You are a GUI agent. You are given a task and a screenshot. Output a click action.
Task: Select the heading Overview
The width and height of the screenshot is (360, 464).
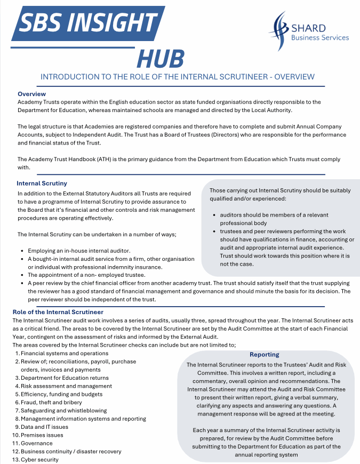click(x=32, y=94)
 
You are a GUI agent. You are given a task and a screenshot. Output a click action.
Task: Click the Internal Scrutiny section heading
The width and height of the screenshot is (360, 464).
click(x=42, y=183)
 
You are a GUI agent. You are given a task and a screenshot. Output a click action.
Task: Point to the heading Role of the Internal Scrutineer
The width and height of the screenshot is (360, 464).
click(x=58, y=311)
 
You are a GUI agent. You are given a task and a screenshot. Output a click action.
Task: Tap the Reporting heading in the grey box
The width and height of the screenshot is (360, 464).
click(x=264, y=354)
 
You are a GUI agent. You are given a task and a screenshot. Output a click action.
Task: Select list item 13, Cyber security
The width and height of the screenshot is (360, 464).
click(x=39, y=459)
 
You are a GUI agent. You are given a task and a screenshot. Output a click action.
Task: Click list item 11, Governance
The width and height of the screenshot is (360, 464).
click(x=36, y=443)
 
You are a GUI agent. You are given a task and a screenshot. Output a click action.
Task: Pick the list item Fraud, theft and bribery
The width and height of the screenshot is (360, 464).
click(x=51, y=402)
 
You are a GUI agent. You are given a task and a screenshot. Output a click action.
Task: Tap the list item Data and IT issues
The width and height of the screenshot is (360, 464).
click(x=44, y=427)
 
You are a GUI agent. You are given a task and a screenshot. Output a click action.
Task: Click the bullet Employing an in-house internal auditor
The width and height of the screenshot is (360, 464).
click(x=79, y=250)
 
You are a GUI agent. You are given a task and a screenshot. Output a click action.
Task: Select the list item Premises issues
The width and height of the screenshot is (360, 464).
click(x=42, y=435)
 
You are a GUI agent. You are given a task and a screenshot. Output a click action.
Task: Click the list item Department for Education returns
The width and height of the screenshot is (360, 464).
click(x=65, y=378)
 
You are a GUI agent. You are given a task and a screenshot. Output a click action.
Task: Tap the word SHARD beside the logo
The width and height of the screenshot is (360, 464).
click(x=308, y=28)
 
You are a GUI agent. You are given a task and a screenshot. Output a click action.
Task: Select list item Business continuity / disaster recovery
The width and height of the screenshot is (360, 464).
click(x=71, y=451)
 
